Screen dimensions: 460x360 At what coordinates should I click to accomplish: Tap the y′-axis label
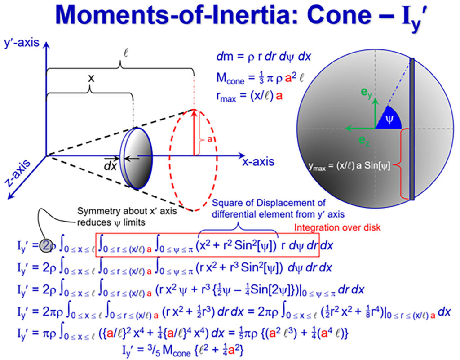(22, 43)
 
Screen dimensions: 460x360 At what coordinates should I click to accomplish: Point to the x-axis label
(258, 162)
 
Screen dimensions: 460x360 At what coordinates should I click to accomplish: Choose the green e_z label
(364, 141)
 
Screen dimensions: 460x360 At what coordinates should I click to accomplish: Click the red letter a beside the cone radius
(209, 139)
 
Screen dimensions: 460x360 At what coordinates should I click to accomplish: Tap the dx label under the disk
(111, 166)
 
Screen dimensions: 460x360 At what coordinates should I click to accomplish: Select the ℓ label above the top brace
(126, 53)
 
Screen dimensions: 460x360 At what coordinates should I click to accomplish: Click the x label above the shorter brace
(91, 78)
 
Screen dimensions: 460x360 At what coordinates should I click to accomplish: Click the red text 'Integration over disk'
(337, 227)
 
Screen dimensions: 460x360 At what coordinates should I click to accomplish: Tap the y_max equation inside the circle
(349, 166)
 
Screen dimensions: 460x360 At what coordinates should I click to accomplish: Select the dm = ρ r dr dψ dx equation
(263, 56)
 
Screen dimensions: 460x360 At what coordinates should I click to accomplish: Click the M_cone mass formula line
(260, 78)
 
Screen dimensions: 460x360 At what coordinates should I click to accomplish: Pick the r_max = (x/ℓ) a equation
(249, 96)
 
